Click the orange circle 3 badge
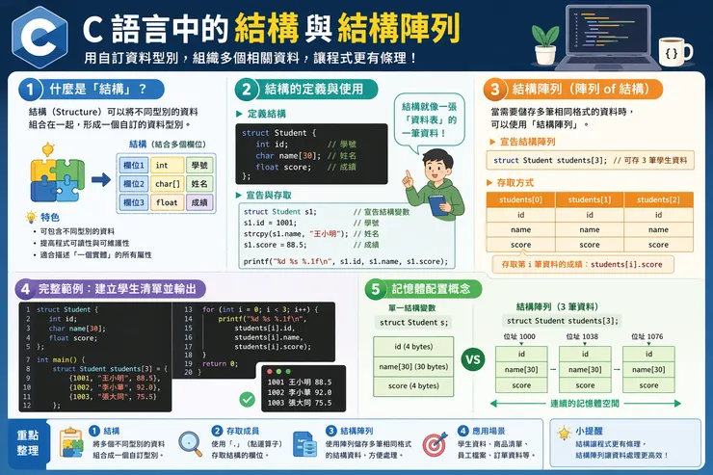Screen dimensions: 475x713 point(494,90)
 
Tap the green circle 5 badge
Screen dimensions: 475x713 point(374,288)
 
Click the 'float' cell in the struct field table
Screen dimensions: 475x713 point(168,202)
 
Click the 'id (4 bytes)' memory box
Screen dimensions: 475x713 point(412,347)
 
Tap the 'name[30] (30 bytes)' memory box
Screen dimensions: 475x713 point(412,366)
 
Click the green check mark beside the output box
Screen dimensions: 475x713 point(247,399)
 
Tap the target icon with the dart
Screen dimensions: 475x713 point(434,444)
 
